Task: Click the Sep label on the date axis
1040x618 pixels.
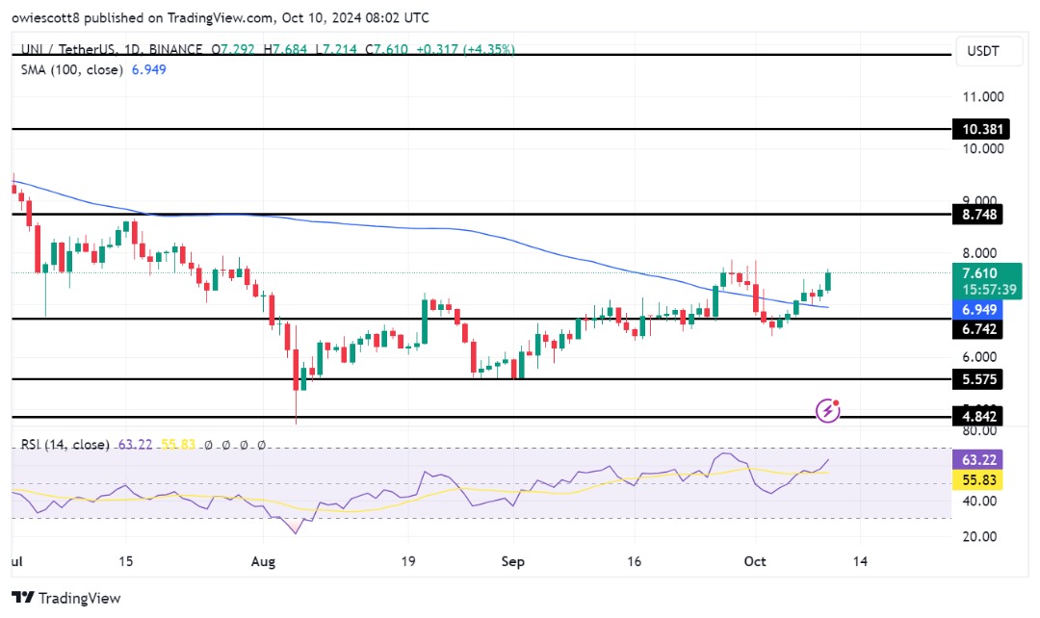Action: coord(513,560)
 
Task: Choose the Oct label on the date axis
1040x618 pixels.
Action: coord(755,560)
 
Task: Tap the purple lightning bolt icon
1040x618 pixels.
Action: coord(827,411)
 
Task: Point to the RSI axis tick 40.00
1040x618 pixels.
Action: coord(981,501)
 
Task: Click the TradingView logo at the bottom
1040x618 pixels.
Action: coord(66,598)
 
